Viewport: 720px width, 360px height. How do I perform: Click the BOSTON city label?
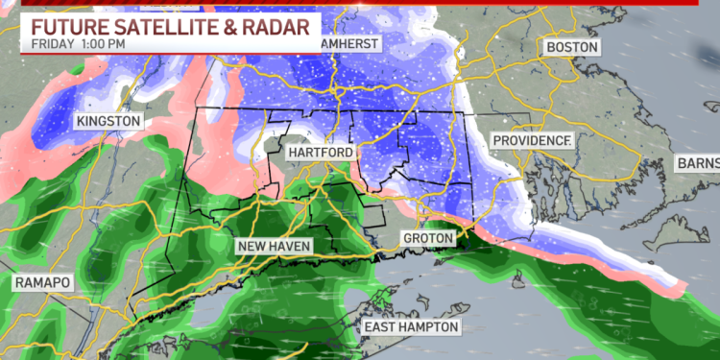[571, 47]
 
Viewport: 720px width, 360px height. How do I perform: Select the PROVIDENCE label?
[533, 141]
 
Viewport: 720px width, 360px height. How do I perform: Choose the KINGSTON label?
[108, 122]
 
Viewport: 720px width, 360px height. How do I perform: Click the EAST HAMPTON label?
[411, 328]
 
